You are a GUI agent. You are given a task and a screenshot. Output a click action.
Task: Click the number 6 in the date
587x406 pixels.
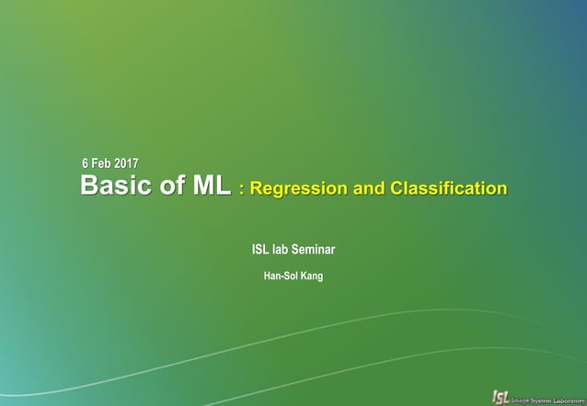point(86,164)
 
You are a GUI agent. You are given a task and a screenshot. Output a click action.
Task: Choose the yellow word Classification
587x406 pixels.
point(448,189)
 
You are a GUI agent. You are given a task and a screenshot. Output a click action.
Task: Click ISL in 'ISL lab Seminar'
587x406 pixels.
point(261,249)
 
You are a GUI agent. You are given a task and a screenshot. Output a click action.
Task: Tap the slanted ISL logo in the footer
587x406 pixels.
point(501,396)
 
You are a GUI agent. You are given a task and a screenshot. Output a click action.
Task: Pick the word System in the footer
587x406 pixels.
point(544,397)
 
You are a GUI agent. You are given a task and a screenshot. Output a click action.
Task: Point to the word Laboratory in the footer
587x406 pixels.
point(570,397)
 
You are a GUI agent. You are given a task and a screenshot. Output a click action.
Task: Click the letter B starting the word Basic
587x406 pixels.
point(89,186)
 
